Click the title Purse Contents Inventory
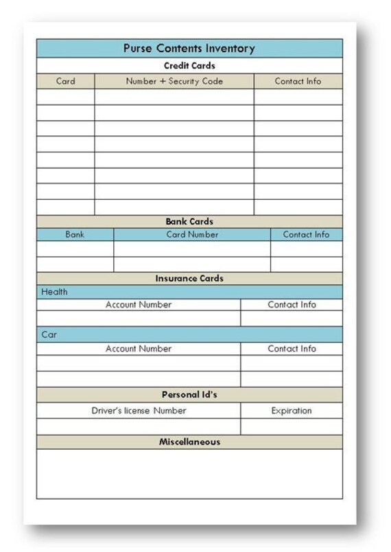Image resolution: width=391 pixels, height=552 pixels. [189, 48]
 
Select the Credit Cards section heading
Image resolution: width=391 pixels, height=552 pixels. [189, 66]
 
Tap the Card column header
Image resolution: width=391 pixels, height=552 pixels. [66, 81]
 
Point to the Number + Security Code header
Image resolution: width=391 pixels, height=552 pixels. [174, 81]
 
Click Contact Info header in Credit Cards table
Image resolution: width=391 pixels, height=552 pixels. [298, 81]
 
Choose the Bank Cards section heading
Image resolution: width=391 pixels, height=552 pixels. [189, 222]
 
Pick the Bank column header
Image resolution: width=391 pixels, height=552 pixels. [75, 234]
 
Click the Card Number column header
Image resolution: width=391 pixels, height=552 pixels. [192, 234]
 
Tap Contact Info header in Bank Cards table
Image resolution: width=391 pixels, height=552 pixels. [306, 234]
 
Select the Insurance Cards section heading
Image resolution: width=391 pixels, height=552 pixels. [189, 279]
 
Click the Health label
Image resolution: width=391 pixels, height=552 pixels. [55, 292]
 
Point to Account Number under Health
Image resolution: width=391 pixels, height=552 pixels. [139, 305]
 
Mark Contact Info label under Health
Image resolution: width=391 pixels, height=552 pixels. [292, 305]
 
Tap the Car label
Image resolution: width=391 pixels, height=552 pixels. [49, 336]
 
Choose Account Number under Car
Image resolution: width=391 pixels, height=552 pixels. [139, 349]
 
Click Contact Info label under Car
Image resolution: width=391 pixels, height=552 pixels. [292, 349]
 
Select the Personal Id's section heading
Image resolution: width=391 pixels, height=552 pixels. [189, 395]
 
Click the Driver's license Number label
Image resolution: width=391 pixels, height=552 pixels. [139, 411]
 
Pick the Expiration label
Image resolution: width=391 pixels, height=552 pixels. [292, 411]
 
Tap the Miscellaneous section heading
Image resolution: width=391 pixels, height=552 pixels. [189, 442]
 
